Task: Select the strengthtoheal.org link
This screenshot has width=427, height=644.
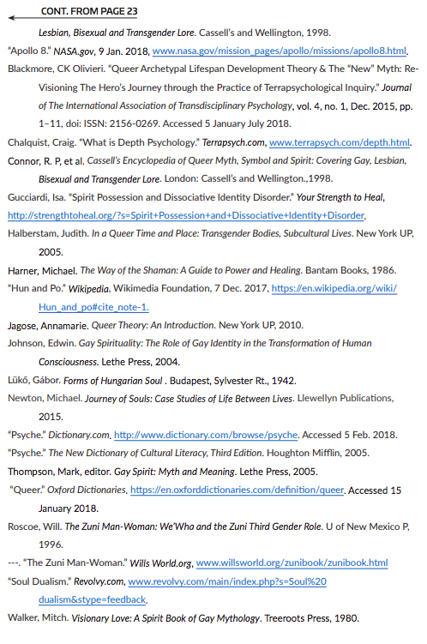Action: point(186,214)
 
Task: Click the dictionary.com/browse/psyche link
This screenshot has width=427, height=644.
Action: point(206,436)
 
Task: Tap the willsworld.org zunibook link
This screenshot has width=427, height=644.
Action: point(292,563)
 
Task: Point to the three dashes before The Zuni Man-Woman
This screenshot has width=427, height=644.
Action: point(13,563)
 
